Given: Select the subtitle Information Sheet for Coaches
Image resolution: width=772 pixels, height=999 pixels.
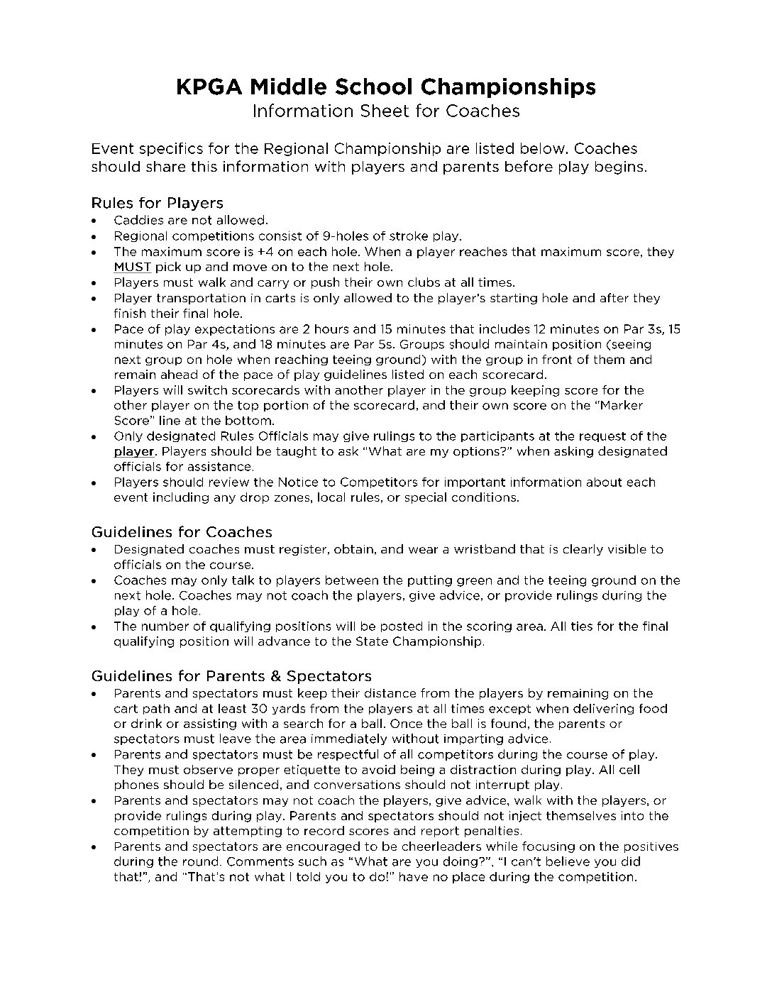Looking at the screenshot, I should click(386, 111).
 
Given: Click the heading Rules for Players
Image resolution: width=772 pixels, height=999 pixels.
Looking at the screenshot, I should click(157, 204).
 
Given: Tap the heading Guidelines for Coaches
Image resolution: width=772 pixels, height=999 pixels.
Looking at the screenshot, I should click(182, 532).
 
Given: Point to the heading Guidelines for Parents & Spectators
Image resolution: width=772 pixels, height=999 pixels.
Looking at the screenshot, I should click(231, 676).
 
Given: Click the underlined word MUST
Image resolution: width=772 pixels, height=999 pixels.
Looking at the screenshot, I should click(133, 267).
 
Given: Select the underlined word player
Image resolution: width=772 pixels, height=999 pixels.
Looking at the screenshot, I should click(133, 451).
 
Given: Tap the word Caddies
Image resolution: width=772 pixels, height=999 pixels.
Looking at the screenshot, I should click(138, 221).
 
